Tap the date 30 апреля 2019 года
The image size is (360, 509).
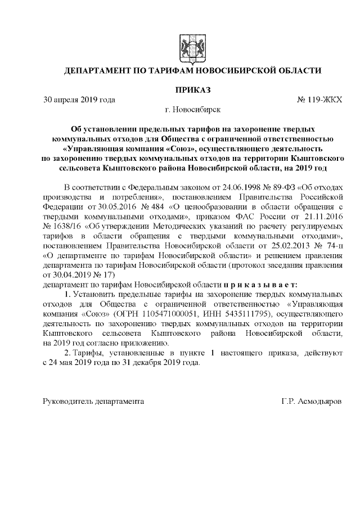(x=79, y=100)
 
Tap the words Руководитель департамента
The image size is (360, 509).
(x=93, y=402)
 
